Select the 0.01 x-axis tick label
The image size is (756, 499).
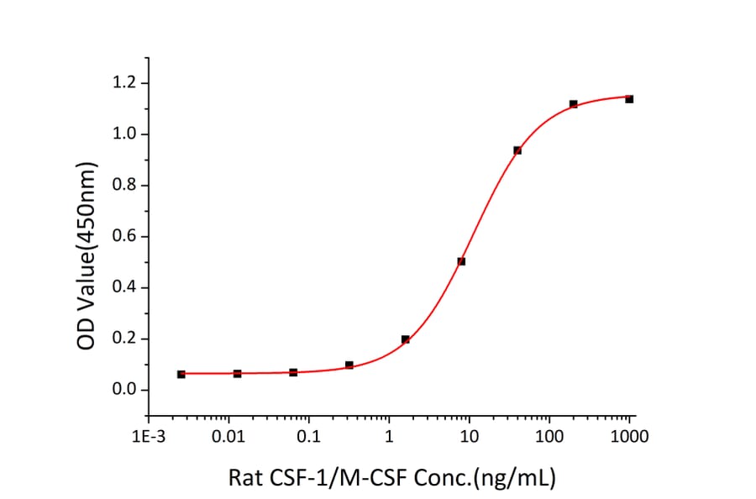pos(228,436)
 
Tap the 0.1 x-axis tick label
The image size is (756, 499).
pos(308,436)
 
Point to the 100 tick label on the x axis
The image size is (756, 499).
pos(549,436)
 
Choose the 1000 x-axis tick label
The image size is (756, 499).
pos(629,436)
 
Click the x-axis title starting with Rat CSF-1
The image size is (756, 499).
pos(392,478)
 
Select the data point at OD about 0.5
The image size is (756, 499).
pos(461,261)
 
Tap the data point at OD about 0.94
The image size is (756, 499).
pos(517,150)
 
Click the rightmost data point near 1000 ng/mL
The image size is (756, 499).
pos(629,99)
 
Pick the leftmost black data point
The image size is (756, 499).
pos(181,374)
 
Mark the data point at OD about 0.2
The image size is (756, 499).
pos(405,339)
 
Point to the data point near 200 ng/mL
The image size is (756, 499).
pos(573,104)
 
